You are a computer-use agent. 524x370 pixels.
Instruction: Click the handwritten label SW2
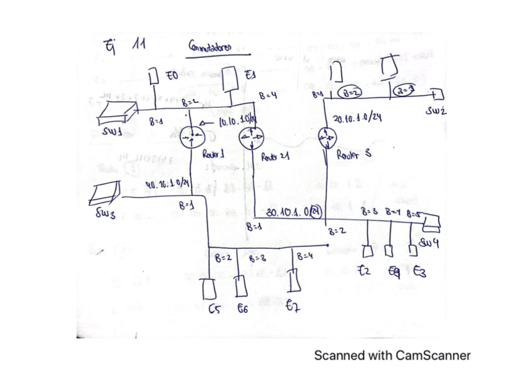pyautogui.click(x=437, y=112)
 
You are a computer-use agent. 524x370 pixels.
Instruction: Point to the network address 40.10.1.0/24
pyautogui.click(x=165, y=183)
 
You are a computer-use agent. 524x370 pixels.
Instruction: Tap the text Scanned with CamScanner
pyautogui.click(x=392, y=355)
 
